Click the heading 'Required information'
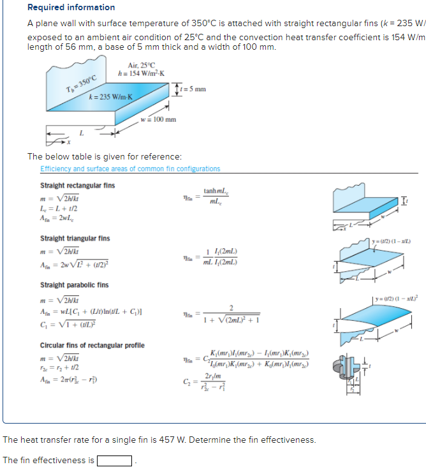71,8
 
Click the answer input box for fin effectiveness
115,461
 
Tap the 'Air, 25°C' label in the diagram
141,65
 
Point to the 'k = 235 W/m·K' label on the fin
112,96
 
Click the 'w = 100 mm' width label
158,119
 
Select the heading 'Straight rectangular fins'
77,186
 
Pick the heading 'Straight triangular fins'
75,239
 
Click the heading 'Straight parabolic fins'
74,285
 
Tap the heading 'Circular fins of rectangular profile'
92,345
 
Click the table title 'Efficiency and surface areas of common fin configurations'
130,169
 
